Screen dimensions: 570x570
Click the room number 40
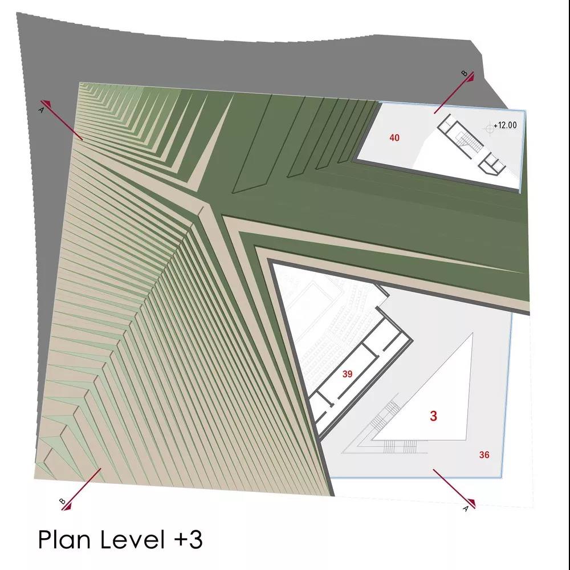tap(394, 137)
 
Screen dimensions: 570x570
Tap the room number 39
tap(347, 374)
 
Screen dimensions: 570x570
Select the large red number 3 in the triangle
tap(433, 416)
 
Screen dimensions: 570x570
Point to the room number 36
tap(484, 455)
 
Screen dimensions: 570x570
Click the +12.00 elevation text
tap(505, 125)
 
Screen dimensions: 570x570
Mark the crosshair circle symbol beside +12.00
tap(489, 127)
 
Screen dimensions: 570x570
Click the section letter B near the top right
tap(464, 74)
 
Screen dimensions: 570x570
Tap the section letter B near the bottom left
tap(62, 501)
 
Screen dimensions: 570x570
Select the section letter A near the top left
tap(41, 109)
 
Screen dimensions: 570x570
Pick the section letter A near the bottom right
tap(466, 509)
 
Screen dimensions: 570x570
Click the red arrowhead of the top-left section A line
tap(46, 104)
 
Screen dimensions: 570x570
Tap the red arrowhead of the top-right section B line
tap(470, 77)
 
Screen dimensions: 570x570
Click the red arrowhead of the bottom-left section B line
tap(67, 506)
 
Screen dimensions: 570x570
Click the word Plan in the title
tap(64, 539)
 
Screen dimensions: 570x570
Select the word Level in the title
tap(132, 539)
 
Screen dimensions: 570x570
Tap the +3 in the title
tap(188, 539)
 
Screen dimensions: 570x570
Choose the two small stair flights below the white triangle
tap(400, 446)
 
